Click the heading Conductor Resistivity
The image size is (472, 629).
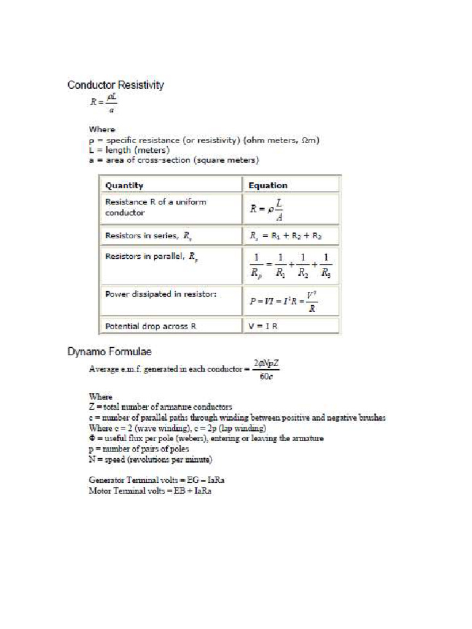[116, 85]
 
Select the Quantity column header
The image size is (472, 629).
[124, 185]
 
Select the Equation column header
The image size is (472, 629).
[268, 185]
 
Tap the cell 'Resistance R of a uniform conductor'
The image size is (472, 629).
[156, 207]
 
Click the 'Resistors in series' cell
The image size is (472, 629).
[149, 235]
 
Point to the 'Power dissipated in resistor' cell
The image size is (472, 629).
[161, 294]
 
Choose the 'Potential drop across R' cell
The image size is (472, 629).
[151, 326]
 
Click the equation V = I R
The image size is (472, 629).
[264, 326]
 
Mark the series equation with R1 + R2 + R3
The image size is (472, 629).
[285, 235]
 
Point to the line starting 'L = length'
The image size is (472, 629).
[129, 150]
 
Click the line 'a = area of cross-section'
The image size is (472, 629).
[174, 160]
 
